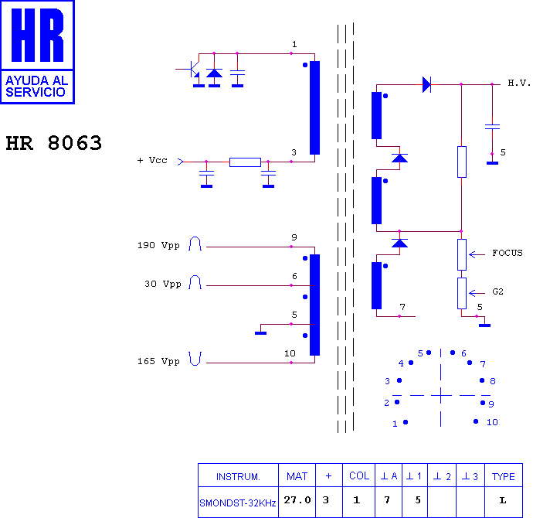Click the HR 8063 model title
point(54,143)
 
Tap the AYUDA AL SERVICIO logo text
point(37,87)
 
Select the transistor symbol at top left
point(192,69)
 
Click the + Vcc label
point(152,160)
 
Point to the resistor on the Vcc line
point(245,162)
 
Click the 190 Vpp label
point(158,246)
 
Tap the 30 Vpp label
point(163,284)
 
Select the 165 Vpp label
point(158,361)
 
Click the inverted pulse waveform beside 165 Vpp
point(195,359)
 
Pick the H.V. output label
point(519,83)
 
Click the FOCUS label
point(508,253)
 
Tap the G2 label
point(497,291)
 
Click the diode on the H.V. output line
point(426,84)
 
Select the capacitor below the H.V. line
point(492,127)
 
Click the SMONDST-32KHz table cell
point(238,503)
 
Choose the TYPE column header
point(504,476)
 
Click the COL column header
point(359,475)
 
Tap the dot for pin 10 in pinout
point(476,421)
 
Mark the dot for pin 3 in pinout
point(399,380)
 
